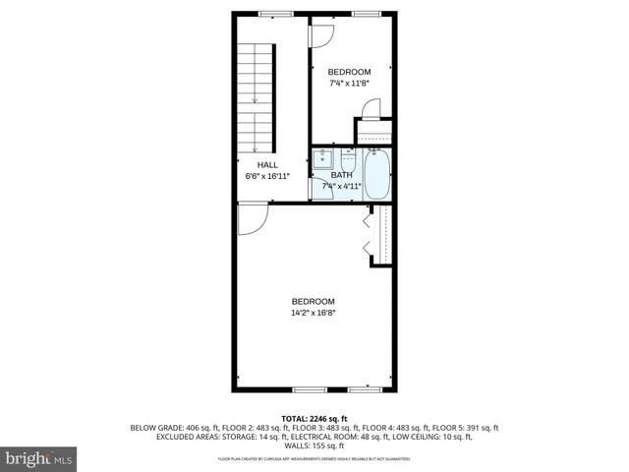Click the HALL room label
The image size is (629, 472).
point(267,165)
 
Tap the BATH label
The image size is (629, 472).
point(341,175)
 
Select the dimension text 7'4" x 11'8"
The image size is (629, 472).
point(349,84)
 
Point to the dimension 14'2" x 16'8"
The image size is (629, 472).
point(313,314)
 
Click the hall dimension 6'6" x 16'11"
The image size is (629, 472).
point(267,177)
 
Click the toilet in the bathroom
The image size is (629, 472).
point(348,159)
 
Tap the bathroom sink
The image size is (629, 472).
point(323,158)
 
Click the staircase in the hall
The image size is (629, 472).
point(255,93)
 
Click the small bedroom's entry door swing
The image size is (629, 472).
point(322,33)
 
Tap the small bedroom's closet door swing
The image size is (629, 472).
point(371,110)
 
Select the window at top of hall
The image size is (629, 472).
point(274,14)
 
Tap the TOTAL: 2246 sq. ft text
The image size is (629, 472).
point(314,418)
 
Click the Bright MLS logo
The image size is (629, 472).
point(38,458)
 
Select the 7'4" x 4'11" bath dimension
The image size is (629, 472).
point(341,186)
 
